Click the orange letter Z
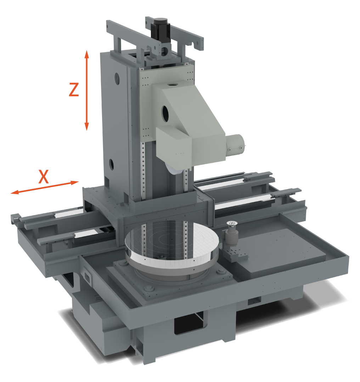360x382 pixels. (74, 90)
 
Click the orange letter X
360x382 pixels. (44, 176)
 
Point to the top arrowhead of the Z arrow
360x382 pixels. (86, 54)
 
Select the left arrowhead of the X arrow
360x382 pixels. (15, 192)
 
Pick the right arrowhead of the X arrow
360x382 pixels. (74, 182)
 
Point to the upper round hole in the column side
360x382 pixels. (117, 78)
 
